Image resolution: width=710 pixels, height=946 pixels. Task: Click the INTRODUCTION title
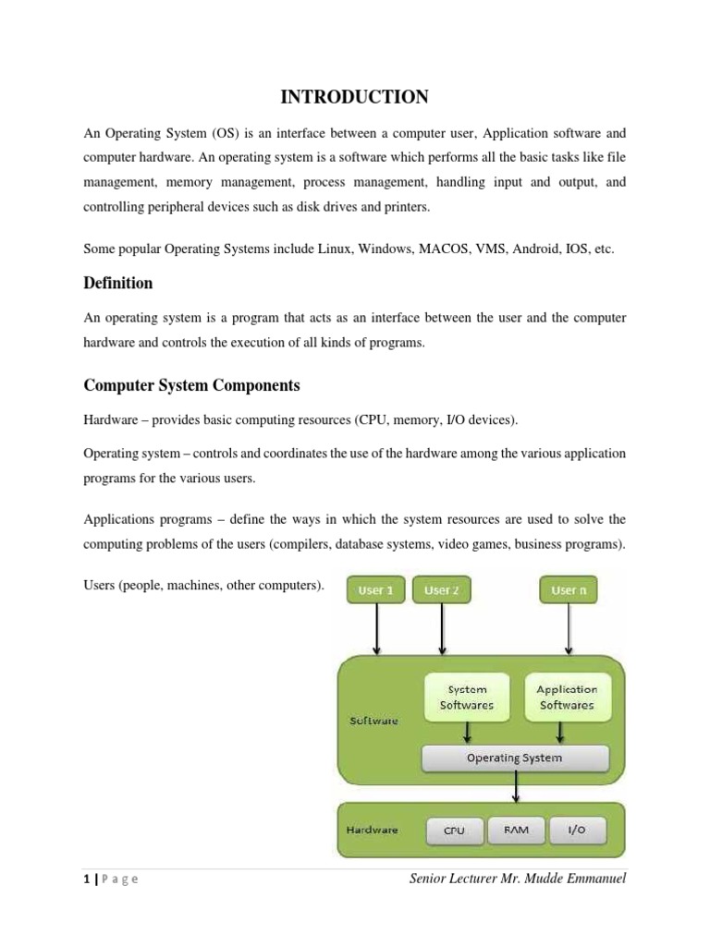(x=354, y=97)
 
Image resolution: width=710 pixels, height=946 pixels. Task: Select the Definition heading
(x=117, y=283)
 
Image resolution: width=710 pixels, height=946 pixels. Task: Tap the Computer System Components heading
(x=191, y=385)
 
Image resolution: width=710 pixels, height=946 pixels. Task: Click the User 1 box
(x=376, y=589)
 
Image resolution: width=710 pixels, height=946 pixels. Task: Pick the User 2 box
(x=442, y=589)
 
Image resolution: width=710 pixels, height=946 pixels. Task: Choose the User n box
(x=569, y=589)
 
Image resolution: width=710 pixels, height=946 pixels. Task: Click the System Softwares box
(x=467, y=697)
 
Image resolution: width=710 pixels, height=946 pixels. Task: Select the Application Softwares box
(x=567, y=697)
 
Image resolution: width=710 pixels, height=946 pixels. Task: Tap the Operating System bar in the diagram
(x=515, y=758)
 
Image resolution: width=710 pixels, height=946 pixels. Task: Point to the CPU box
(x=454, y=831)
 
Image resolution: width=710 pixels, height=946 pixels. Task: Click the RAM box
(x=517, y=831)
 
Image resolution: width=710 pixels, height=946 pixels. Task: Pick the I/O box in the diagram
(x=577, y=831)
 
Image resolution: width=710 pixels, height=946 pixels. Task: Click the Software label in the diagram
(x=373, y=721)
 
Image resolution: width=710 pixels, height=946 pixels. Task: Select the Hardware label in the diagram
(x=373, y=830)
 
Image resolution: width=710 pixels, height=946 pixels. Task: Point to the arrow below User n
(x=569, y=628)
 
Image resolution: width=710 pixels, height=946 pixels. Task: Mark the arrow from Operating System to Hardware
(x=516, y=787)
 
